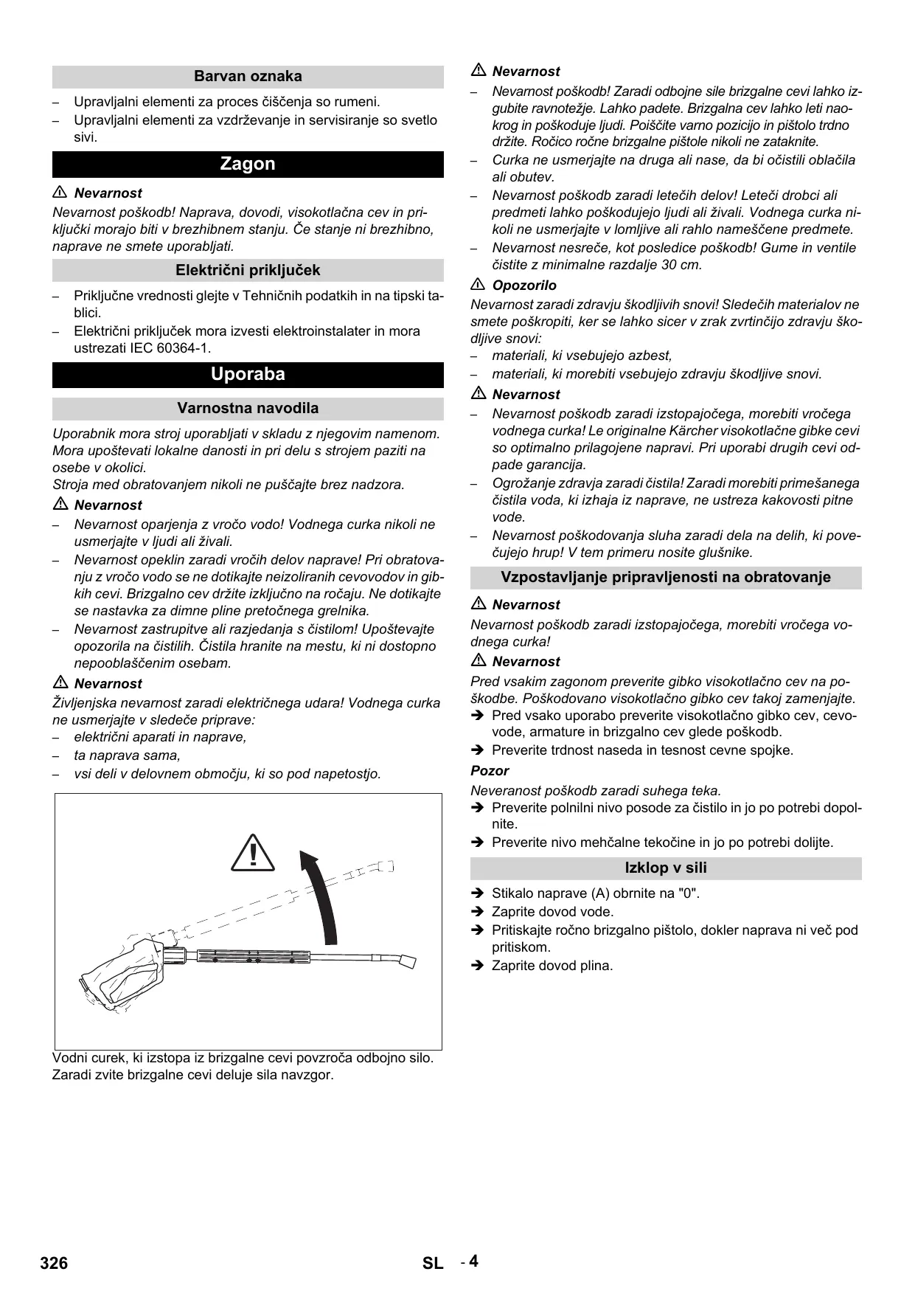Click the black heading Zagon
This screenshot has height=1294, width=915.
coord(248,164)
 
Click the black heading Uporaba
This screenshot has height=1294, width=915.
coord(248,374)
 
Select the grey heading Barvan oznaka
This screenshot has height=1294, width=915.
coord(248,76)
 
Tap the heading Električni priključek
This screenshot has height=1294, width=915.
coord(248,270)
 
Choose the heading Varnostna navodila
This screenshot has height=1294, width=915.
coord(248,408)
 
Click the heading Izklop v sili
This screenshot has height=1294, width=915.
coord(666,868)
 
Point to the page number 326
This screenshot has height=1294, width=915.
coord(54,1263)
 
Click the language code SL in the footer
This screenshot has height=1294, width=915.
coord(433,1263)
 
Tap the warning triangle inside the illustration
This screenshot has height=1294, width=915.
coord(252,853)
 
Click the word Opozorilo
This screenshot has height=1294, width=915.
coord(524,286)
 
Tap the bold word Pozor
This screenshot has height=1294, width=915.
coord(490,771)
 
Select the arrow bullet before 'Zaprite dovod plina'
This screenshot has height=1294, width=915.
coord(477,966)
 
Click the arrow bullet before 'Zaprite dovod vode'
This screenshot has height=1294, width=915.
coord(477,912)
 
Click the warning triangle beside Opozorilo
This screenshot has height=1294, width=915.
coord(478,285)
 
